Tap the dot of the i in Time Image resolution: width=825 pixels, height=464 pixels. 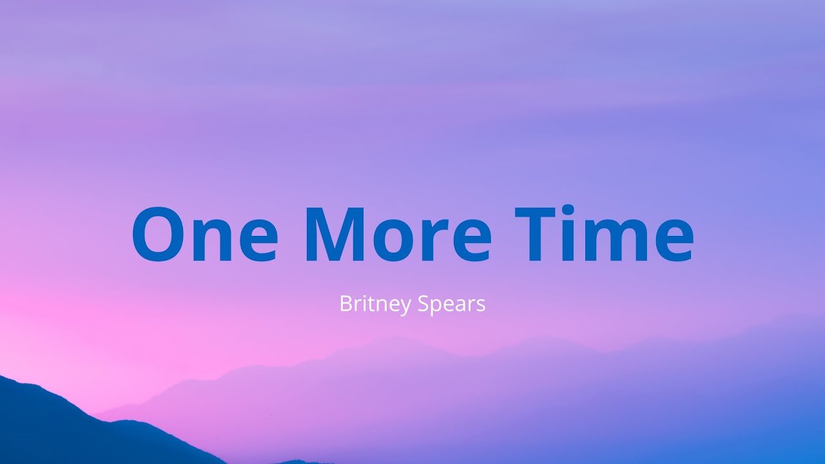[567, 211]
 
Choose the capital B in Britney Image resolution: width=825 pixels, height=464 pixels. [345, 304]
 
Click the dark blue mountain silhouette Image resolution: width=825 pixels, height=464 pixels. [52, 432]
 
